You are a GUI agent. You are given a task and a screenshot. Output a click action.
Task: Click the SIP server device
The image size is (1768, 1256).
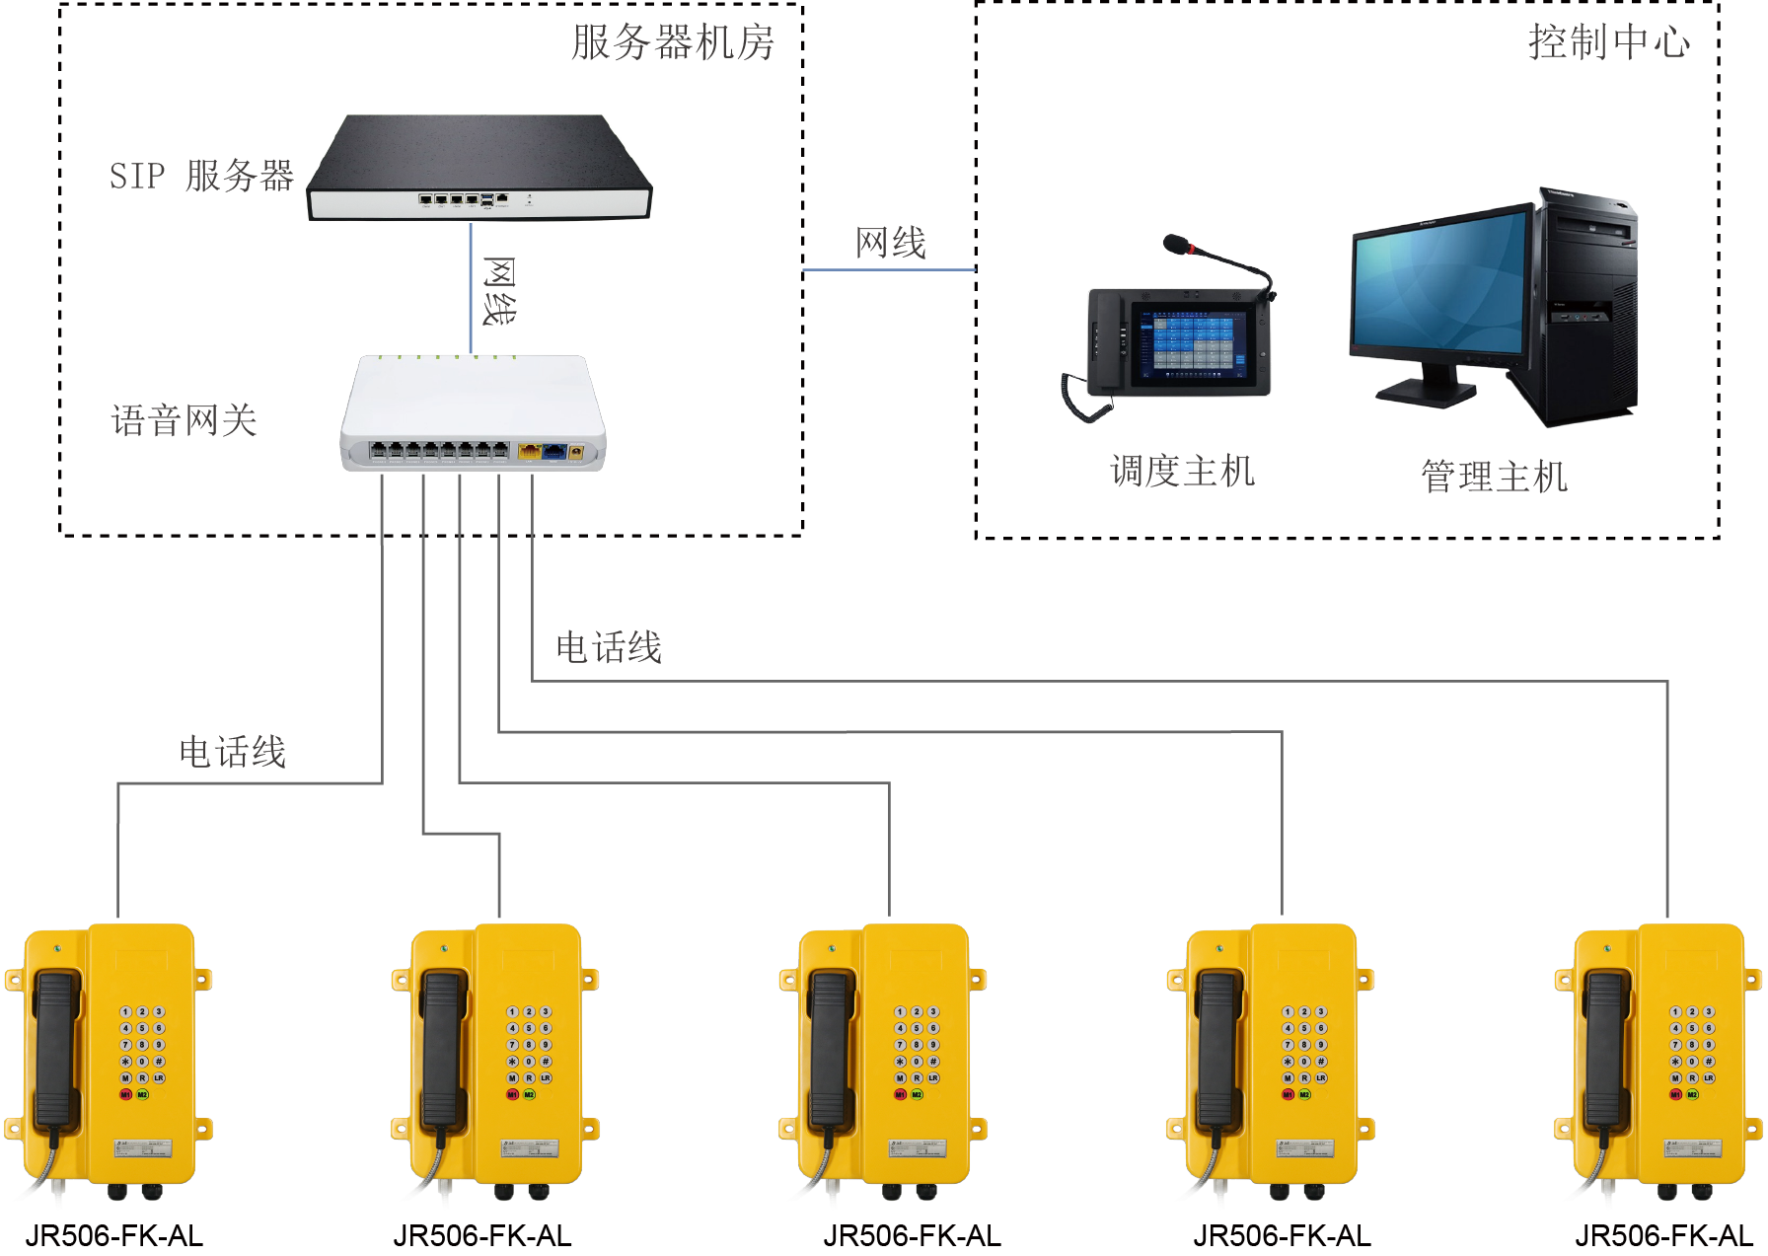click(x=479, y=168)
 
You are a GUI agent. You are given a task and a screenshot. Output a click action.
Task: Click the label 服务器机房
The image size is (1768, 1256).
click(x=673, y=43)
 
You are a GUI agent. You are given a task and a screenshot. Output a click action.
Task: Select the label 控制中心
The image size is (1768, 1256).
click(x=1608, y=42)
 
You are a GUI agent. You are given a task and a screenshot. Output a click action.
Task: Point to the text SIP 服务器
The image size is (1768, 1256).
click(x=201, y=177)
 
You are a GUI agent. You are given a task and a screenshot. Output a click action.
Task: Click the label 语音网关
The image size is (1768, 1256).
click(x=184, y=421)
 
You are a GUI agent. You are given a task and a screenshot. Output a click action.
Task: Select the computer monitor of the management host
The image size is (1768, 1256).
click(x=1440, y=286)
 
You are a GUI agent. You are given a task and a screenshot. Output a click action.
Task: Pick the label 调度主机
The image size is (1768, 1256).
click(x=1182, y=472)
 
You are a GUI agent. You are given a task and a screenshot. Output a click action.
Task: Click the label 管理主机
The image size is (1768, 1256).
click(x=1494, y=478)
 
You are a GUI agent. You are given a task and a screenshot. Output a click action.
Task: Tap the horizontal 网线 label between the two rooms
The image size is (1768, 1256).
click(x=890, y=243)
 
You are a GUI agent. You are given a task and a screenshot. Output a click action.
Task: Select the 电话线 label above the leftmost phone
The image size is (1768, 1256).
click(x=233, y=753)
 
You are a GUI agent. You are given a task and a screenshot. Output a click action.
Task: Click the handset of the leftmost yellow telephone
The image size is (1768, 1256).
click(x=56, y=1051)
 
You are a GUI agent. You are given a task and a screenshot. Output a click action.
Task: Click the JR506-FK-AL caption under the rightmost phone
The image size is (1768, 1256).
click(x=1663, y=1236)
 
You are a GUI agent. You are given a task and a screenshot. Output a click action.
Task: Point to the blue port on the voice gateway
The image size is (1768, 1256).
click(x=554, y=451)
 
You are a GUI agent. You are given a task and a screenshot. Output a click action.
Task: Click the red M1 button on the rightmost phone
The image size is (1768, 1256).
click(x=1675, y=1095)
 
